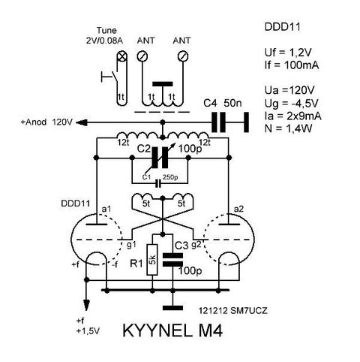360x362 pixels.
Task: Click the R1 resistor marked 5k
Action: pyautogui.click(x=152, y=260)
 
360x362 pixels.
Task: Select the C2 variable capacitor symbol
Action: pyautogui.click(x=160, y=158)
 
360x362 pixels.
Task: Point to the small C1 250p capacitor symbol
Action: pyautogui.click(x=157, y=183)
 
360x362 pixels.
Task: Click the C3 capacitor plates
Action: pyautogui.click(x=172, y=260)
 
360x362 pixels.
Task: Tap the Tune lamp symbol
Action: pyautogui.click(x=122, y=56)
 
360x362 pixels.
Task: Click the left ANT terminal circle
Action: pyautogui.click(x=142, y=56)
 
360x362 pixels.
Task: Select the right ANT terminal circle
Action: pyautogui.click(x=183, y=56)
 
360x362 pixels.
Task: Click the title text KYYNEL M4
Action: pyautogui.click(x=172, y=330)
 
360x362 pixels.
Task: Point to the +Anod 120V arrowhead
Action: pyautogui.click(x=80, y=122)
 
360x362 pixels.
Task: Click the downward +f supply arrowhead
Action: pyautogui.click(x=86, y=305)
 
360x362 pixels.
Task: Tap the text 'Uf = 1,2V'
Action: pyautogui.click(x=288, y=53)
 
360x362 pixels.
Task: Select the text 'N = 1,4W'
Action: pyautogui.click(x=288, y=128)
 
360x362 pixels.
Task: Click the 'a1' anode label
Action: pyautogui.click(x=106, y=209)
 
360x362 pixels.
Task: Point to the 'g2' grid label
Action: pyautogui.click(x=196, y=245)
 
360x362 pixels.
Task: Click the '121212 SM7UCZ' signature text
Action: pyautogui.click(x=232, y=311)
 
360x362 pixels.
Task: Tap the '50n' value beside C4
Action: pyautogui.click(x=232, y=103)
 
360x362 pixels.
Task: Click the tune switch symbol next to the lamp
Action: pyautogui.click(x=109, y=77)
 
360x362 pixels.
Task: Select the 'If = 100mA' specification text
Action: pyautogui.click(x=292, y=65)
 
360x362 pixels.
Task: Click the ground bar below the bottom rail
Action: pyautogui.click(x=172, y=308)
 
